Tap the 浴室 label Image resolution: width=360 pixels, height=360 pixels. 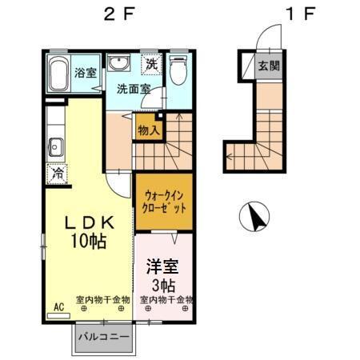(x=86, y=73)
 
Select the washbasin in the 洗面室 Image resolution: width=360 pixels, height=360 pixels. (x=119, y=64)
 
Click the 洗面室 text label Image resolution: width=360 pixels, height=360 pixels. (x=134, y=89)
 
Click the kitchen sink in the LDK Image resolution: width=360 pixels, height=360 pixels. (x=55, y=147)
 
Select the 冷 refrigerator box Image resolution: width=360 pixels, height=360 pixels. (x=58, y=172)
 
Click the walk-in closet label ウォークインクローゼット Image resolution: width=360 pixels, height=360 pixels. (x=164, y=201)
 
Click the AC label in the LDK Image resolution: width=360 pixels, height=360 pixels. (x=58, y=306)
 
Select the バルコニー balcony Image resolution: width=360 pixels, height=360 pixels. (x=105, y=337)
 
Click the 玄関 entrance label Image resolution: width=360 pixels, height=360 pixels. (x=268, y=67)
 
